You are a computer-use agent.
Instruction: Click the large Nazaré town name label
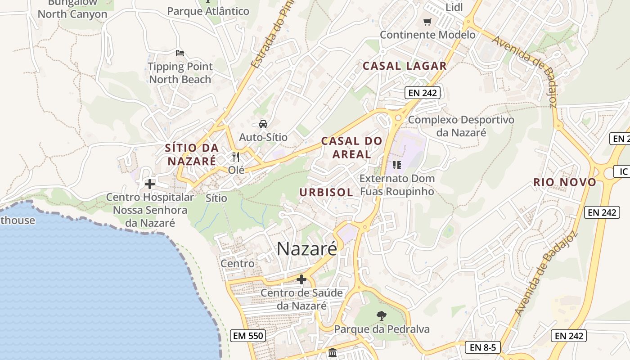click(306, 248)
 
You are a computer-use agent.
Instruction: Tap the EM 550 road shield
click(247, 335)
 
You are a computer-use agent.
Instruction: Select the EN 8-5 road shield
click(482, 347)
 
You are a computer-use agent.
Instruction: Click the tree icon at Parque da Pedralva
click(382, 316)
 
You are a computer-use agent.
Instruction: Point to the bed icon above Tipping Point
click(180, 53)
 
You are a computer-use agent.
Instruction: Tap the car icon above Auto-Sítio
click(263, 124)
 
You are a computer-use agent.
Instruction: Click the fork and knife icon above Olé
click(236, 157)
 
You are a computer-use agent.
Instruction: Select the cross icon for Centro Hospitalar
click(150, 184)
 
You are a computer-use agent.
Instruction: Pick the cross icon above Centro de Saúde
click(301, 279)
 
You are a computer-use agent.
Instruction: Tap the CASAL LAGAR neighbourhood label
click(405, 66)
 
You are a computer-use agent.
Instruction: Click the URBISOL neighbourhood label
click(326, 192)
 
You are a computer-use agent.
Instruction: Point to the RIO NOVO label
click(565, 182)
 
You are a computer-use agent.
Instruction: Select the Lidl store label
click(454, 7)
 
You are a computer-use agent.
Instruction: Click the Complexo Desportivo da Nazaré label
click(461, 126)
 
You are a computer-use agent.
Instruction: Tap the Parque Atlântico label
click(208, 11)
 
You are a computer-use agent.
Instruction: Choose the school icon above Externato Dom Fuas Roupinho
click(396, 165)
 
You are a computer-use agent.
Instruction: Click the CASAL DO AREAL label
click(351, 148)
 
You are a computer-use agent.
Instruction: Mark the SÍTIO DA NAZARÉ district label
click(192, 154)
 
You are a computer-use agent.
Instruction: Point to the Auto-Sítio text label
click(263, 137)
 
